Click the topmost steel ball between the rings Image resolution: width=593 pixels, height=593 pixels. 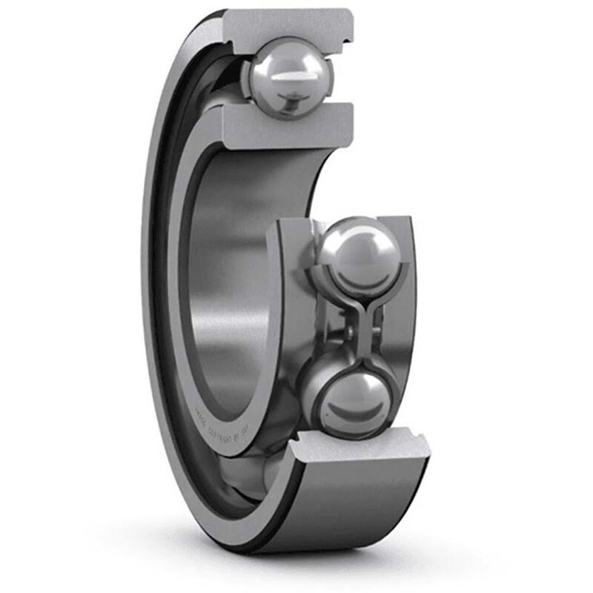pyautogui.click(x=289, y=76)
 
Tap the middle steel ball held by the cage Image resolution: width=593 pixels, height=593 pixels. pyautogui.click(x=360, y=256)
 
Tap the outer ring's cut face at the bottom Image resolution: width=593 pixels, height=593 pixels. pyautogui.click(x=363, y=448)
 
